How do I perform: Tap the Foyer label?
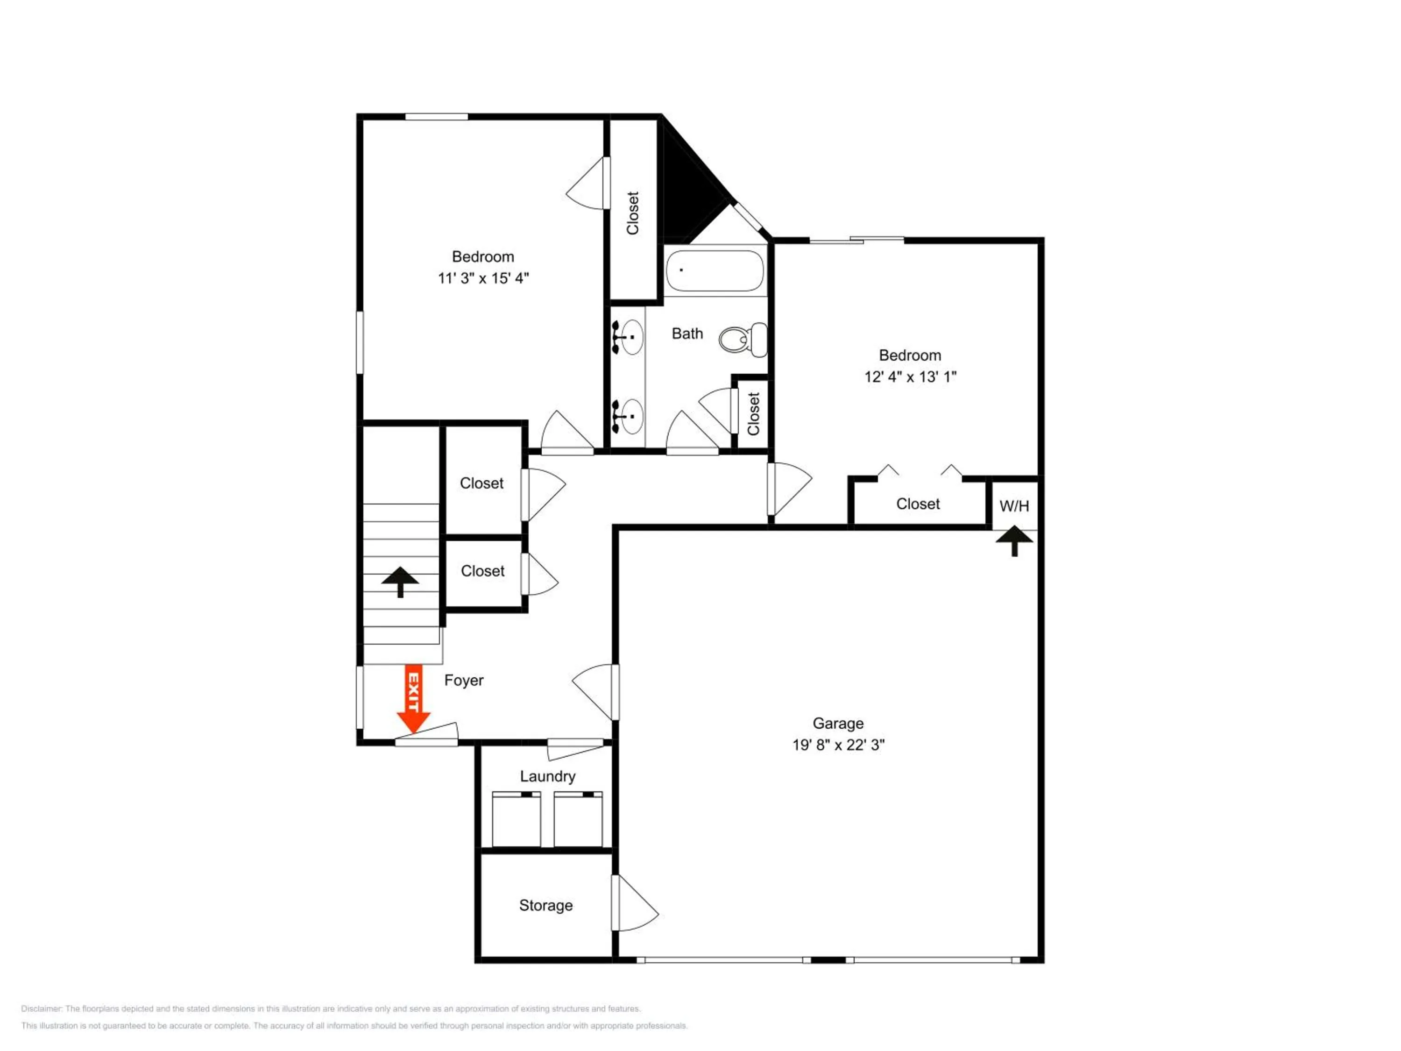(464, 681)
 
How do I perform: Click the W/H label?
(1014, 506)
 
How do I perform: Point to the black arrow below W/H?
(1014, 540)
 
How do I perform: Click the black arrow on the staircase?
(400, 582)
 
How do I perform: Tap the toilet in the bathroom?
(743, 340)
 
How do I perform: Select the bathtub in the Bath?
(715, 270)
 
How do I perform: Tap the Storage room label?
(546, 906)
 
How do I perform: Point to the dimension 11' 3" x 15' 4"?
(483, 278)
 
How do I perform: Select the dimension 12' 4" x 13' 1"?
(910, 377)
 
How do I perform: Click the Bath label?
(687, 334)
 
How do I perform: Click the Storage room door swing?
(635, 903)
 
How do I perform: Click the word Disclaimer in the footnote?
(41, 1008)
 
